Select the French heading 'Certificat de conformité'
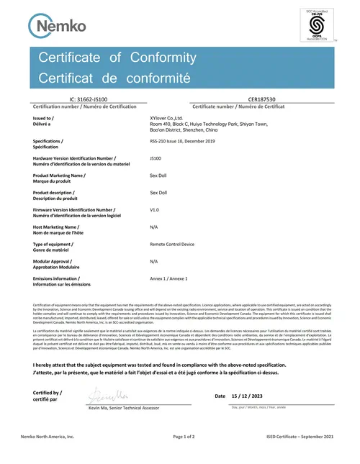click(x=114, y=76)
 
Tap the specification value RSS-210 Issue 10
click(x=181, y=142)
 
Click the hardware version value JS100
click(x=156, y=156)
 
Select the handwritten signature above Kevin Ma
click(x=108, y=395)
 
